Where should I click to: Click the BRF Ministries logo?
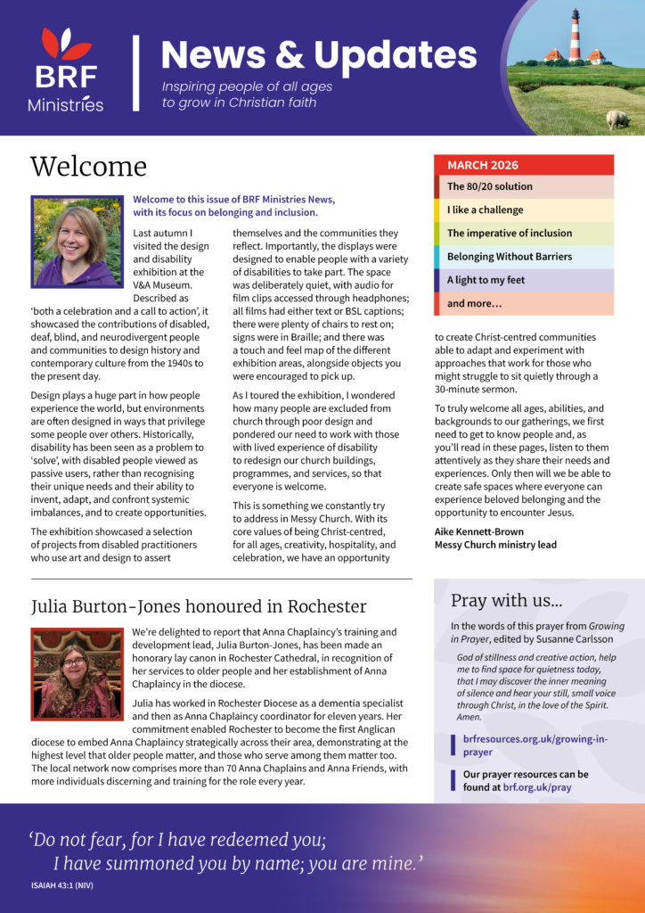[x=65, y=70]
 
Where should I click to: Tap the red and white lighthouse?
[x=575, y=36]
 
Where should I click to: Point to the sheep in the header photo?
[x=616, y=118]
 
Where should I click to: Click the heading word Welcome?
[x=88, y=167]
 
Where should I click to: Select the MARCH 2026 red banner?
[x=524, y=165]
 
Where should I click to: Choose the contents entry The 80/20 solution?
[x=490, y=186]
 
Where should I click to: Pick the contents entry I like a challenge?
[x=486, y=210]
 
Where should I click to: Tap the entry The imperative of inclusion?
[x=510, y=233]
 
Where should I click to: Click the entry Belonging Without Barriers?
[x=510, y=257]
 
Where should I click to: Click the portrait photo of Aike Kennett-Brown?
[x=76, y=241]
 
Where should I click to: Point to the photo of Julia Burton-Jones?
[x=76, y=662]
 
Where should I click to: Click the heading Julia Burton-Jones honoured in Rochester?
[x=198, y=606]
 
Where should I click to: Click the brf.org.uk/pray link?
[x=549, y=788]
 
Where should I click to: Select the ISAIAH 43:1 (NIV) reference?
[x=61, y=885]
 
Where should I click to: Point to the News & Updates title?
[x=319, y=55]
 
